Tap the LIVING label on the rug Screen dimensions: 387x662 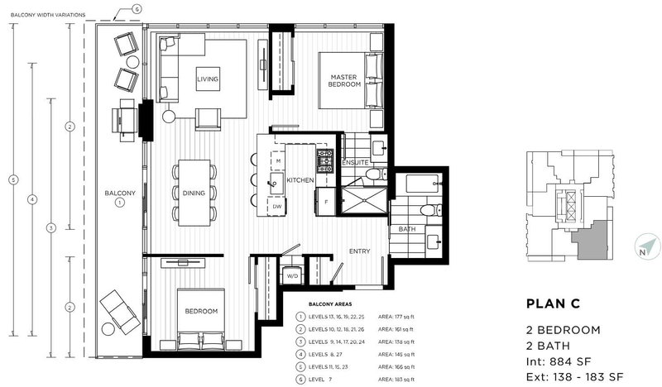pyautogui.click(x=207, y=79)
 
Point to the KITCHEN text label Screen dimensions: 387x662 pyautogui.click(x=299, y=179)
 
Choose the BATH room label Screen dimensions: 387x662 pyautogui.click(x=406, y=229)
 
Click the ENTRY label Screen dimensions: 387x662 pyautogui.click(x=358, y=251)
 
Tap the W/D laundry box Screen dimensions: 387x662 pyautogui.click(x=291, y=276)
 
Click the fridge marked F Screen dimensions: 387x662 pyautogui.click(x=327, y=201)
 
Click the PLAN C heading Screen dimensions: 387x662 pyautogui.click(x=554, y=303)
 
